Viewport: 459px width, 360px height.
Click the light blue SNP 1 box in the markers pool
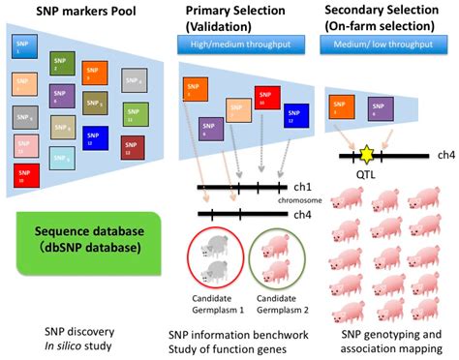23,46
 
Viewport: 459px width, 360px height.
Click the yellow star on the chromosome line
368,154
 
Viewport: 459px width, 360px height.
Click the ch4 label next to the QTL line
445,154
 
